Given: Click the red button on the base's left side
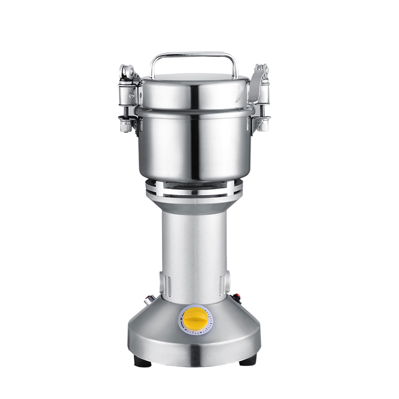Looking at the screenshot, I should click(x=148, y=302).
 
